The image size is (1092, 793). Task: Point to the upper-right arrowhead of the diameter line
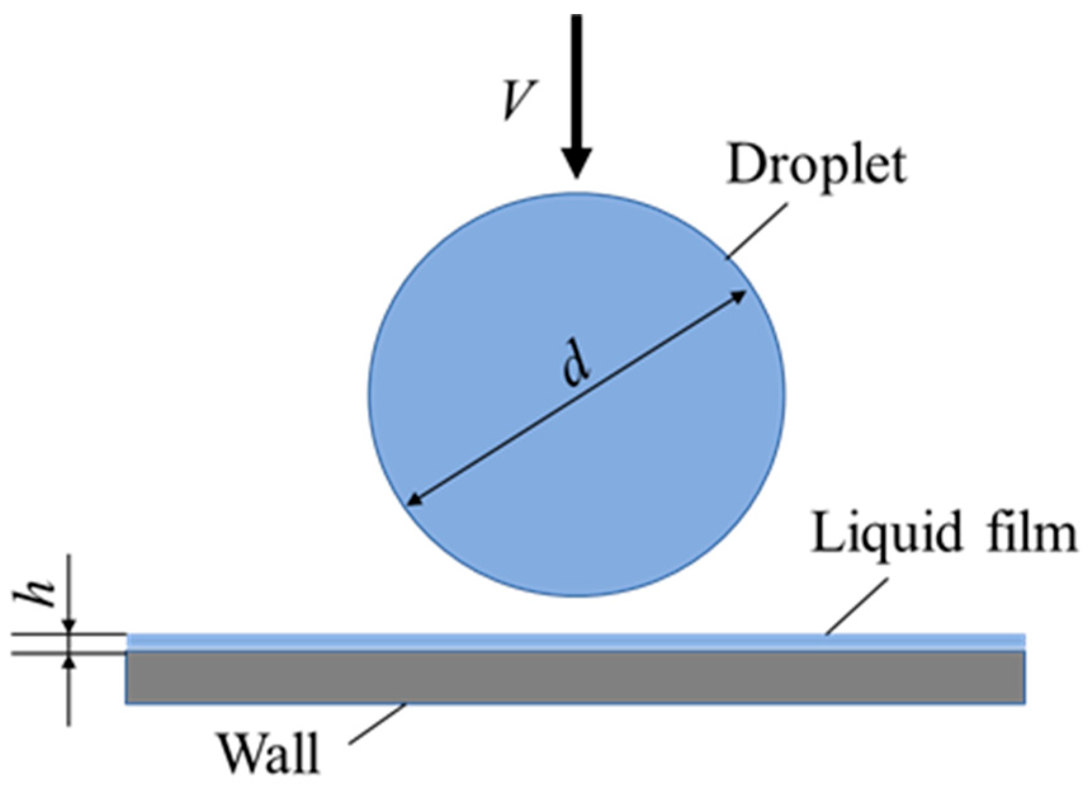[x=739, y=296]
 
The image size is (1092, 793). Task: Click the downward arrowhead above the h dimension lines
[x=69, y=627]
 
